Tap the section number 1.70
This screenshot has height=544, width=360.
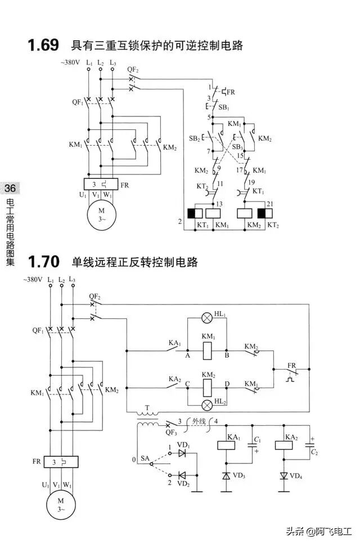[43, 262]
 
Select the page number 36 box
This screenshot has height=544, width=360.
[11, 188]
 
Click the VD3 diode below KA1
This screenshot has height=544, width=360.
[226, 475]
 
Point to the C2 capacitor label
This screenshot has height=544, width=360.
[314, 452]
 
